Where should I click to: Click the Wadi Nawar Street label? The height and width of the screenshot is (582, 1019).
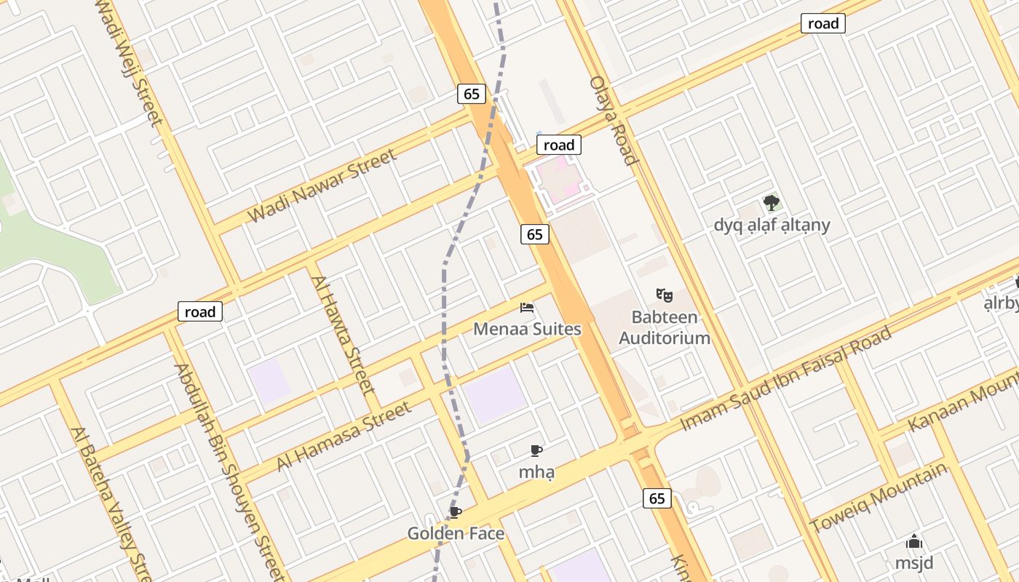(322, 186)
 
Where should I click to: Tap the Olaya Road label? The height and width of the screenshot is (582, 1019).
(614, 120)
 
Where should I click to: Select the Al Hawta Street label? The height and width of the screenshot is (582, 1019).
(342, 335)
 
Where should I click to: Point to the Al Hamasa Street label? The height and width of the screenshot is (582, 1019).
(344, 437)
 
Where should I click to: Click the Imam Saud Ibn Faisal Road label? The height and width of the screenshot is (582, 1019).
(786, 378)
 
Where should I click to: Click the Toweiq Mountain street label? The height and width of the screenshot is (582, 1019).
(880, 498)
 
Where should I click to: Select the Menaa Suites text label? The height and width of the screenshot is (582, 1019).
(527, 329)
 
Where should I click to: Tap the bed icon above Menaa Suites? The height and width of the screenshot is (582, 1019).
(527, 308)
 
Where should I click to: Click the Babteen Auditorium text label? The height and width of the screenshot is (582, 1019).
(664, 327)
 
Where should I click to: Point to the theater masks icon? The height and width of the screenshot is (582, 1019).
(664, 295)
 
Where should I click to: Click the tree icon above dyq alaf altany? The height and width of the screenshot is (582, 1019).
(772, 203)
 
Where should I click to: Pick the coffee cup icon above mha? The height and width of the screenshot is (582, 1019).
(536, 450)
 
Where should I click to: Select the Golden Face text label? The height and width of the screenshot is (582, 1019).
(456, 534)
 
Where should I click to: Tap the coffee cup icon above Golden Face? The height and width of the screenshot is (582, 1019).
(456, 513)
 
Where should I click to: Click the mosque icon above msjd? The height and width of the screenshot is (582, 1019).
(914, 542)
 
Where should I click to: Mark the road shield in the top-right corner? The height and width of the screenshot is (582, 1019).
(823, 23)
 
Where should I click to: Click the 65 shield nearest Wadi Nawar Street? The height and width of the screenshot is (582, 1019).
(472, 93)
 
